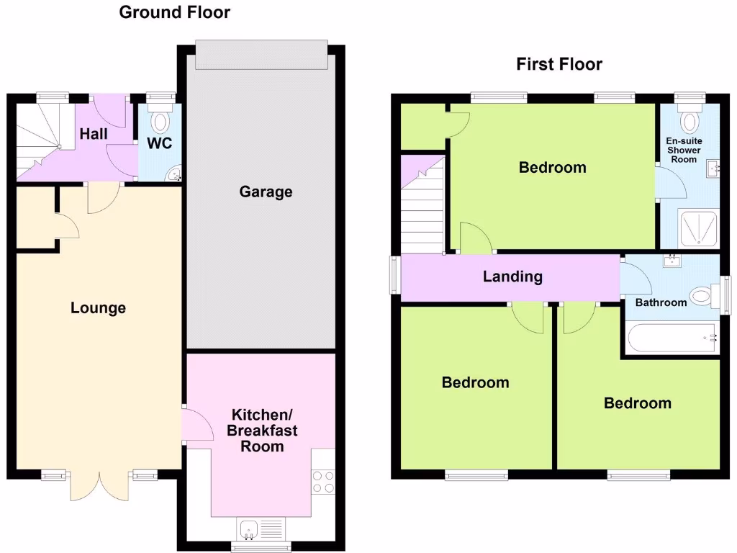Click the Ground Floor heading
175,12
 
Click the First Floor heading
559,64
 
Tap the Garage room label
266,192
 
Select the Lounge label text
98,308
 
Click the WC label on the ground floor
159,143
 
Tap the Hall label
94,134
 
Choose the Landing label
512,276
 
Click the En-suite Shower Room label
683,150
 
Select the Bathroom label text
661,302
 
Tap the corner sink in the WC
175,174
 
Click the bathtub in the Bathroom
672,338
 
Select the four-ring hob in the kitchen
323,481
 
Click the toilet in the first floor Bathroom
701,295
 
